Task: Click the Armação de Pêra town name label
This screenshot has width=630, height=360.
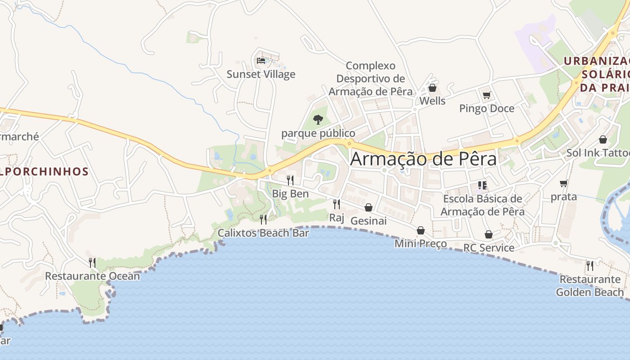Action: [x=423, y=159]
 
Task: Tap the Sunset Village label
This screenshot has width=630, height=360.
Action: [x=261, y=74]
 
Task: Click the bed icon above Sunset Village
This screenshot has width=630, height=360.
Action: [x=261, y=60]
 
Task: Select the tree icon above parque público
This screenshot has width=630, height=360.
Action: [x=318, y=120]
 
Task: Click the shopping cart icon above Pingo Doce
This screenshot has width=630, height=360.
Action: [x=486, y=95]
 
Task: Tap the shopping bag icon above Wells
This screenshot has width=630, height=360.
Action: [x=432, y=88]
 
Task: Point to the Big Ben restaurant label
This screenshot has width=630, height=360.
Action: [x=290, y=193]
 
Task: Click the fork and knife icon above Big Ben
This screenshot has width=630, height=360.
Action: [x=290, y=180]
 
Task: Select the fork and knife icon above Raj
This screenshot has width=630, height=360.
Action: [x=336, y=204]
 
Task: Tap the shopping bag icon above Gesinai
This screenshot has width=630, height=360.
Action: [x=369, y=207]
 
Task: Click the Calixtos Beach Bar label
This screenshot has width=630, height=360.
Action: [x=263, y=233]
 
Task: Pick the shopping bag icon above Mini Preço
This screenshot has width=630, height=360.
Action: [x=421, y=230]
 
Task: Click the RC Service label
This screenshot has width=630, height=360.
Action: [x=489, y=248]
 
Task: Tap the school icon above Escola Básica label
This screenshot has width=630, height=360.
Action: [x=482, y=185]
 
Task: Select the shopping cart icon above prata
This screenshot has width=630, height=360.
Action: [x=563, y=183]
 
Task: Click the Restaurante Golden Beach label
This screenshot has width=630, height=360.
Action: [x=590, y=286]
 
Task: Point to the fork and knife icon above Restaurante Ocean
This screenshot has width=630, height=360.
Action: [x=92, y=262]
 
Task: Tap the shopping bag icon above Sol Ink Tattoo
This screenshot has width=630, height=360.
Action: [x=603, y=139]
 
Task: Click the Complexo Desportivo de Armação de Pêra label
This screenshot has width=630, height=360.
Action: [x=370, y=79]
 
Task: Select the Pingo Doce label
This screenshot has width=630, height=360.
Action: [x=486, y=108]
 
